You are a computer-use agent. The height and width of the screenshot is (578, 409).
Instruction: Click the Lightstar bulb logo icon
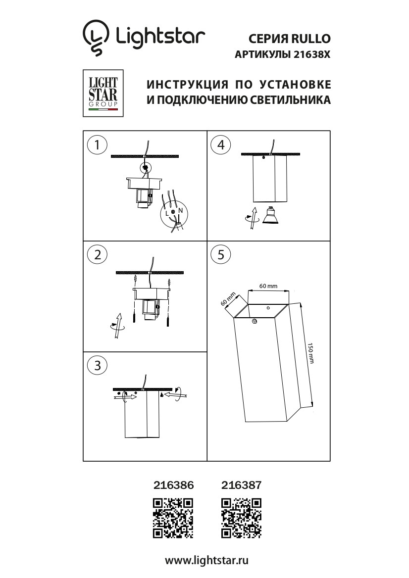click(96, 38)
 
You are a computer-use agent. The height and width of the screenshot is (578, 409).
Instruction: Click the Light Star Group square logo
click(102, 93)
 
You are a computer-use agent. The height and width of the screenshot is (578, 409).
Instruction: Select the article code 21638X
click(311, 56)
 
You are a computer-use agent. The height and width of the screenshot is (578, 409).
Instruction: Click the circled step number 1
click(98, 144)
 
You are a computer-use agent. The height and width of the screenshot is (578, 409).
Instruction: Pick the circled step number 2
click(98, 255)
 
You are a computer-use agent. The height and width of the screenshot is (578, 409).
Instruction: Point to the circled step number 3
click(98, 365)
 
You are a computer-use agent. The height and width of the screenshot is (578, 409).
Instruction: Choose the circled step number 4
click(221, 144)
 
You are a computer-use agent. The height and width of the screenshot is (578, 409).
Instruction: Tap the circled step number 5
click(221, 255)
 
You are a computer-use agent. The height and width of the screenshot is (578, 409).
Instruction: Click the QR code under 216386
click(173, 518)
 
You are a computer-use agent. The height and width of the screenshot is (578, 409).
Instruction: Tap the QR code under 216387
click(241, 518)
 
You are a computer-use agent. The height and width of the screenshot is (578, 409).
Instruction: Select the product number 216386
click(174, 486)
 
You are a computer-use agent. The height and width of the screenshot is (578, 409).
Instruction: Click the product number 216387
click(242, 486)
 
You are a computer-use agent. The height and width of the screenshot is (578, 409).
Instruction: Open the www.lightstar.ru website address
click(206, 561)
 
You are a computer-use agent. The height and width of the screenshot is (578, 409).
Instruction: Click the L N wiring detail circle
click(173, 215)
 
